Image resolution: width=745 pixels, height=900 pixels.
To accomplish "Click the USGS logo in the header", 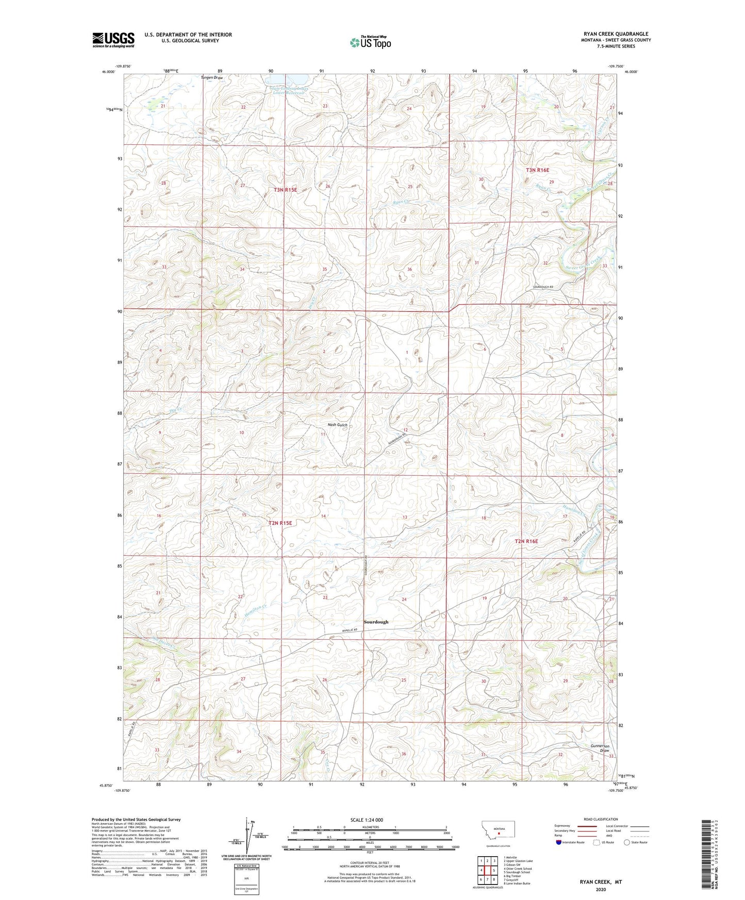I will point(113,40).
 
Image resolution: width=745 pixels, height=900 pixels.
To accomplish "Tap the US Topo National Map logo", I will point(370,42).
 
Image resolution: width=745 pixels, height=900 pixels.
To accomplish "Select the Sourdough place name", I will point(376,622).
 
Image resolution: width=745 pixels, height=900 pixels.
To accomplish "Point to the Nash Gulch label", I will point(338,425).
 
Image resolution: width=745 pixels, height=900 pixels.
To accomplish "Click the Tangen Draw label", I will point(212,78).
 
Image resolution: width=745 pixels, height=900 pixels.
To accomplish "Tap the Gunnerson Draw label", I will point(600,748).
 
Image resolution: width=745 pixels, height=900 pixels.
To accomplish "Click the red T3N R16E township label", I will point(537,170).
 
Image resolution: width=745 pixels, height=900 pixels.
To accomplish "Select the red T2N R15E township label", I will point(280,523).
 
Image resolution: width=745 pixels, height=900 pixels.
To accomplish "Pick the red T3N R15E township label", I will point(285,190).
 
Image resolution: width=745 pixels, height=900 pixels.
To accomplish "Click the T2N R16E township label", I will point(526,541).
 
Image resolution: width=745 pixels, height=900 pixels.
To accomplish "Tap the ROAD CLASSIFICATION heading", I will point(600,819).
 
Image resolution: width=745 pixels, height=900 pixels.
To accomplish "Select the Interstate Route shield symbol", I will point(559,842).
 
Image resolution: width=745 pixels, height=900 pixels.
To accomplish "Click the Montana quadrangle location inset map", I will point(498,830).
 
